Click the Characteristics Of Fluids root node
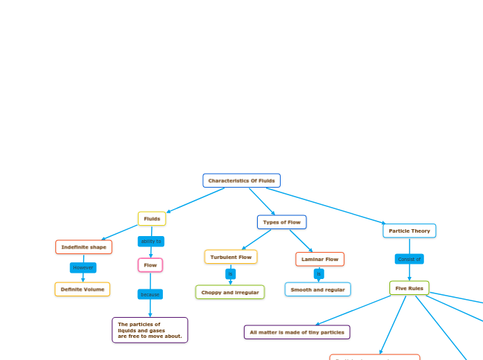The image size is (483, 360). (x=241, y=181)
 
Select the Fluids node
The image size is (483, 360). (x=152, y=219)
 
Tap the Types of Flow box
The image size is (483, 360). (x=281, y=222)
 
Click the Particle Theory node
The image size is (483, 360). (x=409, y=231)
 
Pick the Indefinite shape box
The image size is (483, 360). (x=84, y=247)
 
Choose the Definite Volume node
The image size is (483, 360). (x=82, y=289)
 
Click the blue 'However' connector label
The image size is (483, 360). (x=83, y=267)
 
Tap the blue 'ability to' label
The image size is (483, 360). (x=151, y=242)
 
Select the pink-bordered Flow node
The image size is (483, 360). (x=150, y=265)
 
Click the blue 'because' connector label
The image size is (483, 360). (x=150, y=294)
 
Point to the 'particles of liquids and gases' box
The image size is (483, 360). (x=150, y=330)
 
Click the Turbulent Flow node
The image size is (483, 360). (x=231, y=257)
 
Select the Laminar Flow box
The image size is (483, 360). (x=319, y=260)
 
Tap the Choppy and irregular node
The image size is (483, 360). (x=230, y=292)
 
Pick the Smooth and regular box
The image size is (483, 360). (x=317, y=289)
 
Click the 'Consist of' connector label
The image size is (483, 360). (x=409, y=259)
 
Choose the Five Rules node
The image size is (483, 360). (x=409, y=288)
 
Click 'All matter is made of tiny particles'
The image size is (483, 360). (x=297, y=332)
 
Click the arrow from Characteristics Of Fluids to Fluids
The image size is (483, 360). (x=195, y=200)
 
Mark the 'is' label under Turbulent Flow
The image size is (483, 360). (x=231, y=274)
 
